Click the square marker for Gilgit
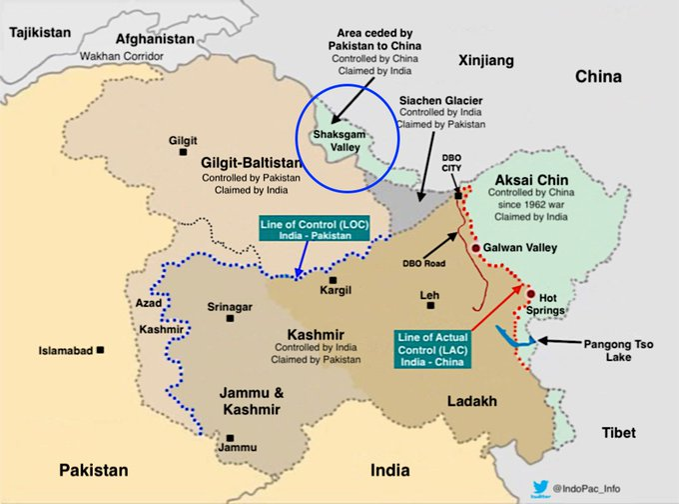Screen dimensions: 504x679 (x=183, y=153)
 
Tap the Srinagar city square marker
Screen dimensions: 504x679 (x=230, y=318)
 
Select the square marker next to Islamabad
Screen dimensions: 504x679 (x=102, y=350)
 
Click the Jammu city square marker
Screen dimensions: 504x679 (x=232, y=436)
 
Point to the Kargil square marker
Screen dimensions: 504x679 (x=334, y=280)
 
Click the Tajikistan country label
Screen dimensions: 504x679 (x=40, y=32)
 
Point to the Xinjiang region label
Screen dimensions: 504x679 (x=485, y=61)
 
